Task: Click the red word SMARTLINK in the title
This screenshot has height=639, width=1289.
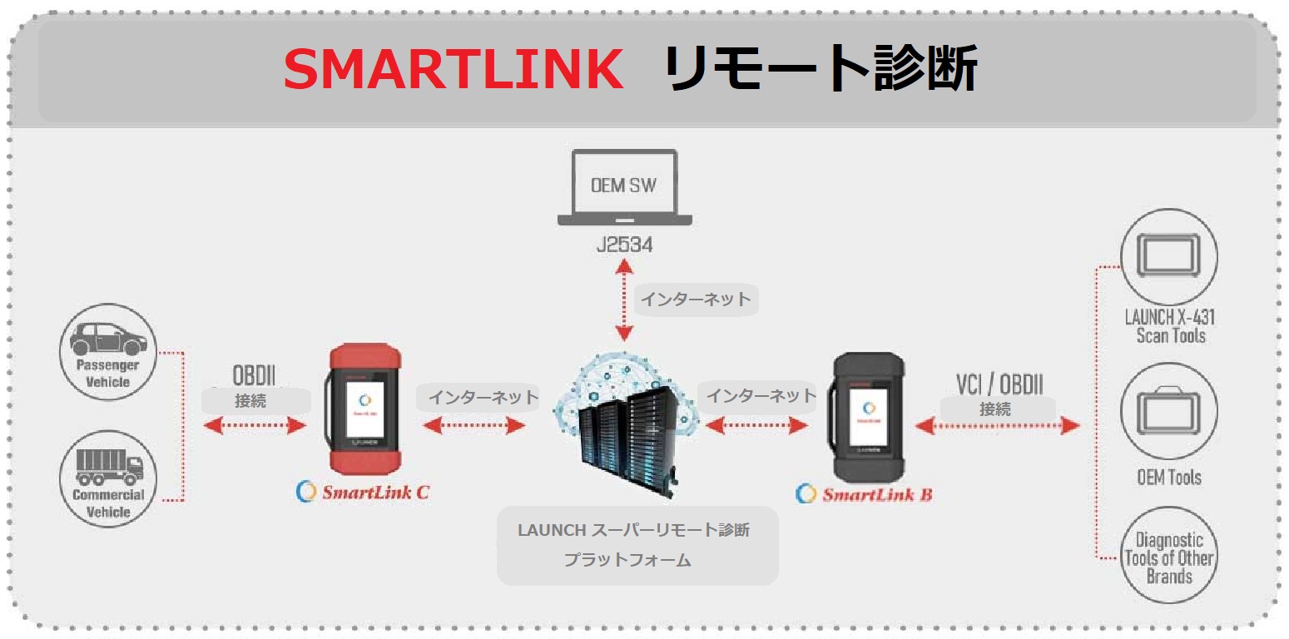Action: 454,70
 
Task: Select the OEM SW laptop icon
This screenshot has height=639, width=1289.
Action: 624,188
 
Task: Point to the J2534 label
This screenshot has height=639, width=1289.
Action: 624,245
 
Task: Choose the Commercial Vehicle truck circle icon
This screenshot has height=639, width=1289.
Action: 108,478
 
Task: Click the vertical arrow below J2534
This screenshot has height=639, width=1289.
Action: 623,300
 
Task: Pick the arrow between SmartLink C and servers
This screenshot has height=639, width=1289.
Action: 474,426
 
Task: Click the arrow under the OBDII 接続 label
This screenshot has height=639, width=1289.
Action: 255,426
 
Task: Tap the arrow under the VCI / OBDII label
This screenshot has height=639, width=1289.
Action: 997,426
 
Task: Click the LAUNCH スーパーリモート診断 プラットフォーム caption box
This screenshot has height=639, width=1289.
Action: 637,545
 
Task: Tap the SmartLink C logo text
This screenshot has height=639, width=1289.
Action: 364,492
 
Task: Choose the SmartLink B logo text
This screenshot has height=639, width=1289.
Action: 865,494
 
